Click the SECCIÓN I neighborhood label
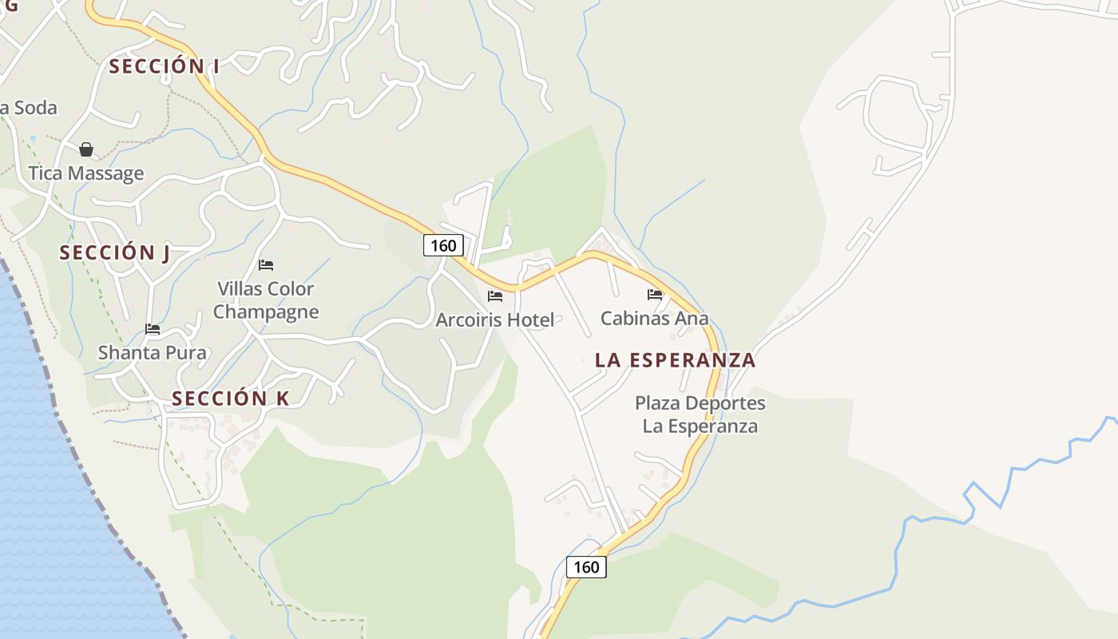pos(164,66)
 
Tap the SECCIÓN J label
pos(115,253)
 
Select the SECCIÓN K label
pos(231,399)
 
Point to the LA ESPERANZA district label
pos(675,360)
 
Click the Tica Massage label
pos(86,173)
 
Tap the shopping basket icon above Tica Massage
pos(86,149)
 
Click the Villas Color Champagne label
pos(266,300)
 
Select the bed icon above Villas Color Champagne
pos(266,264)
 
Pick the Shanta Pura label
pos(153,352)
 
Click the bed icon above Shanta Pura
pos(153,328)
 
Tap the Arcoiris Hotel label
pos(495,320)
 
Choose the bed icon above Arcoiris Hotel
pos(495,296)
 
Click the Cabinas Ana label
pos(655,318)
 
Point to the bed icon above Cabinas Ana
pos(655,294)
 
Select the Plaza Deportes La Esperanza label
pos(700,415)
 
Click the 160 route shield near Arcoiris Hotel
pos(443,245)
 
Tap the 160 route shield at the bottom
pos(586,567)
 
